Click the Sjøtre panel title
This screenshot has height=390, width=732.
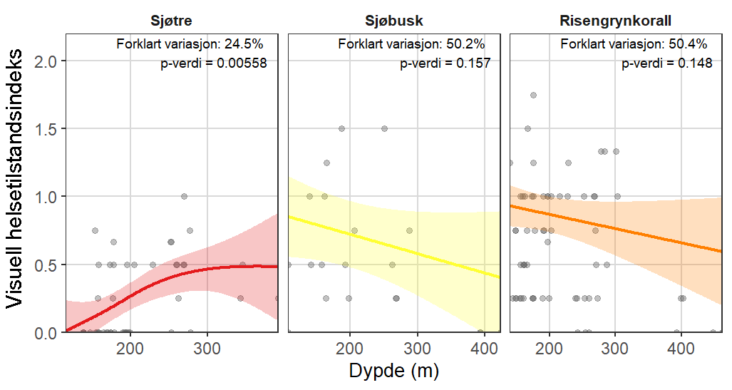(x=170, y=20)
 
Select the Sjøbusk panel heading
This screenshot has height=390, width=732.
(x=393, y=20)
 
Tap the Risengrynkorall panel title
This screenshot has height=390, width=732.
(x=617, y=20)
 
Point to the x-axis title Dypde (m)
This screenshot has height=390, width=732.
(x=393, y=371)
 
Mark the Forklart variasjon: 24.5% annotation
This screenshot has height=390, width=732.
(x=190, y=45)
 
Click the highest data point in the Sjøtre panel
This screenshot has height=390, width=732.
(x=184, y=197)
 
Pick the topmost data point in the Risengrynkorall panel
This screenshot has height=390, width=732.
(x=532, y=96)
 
